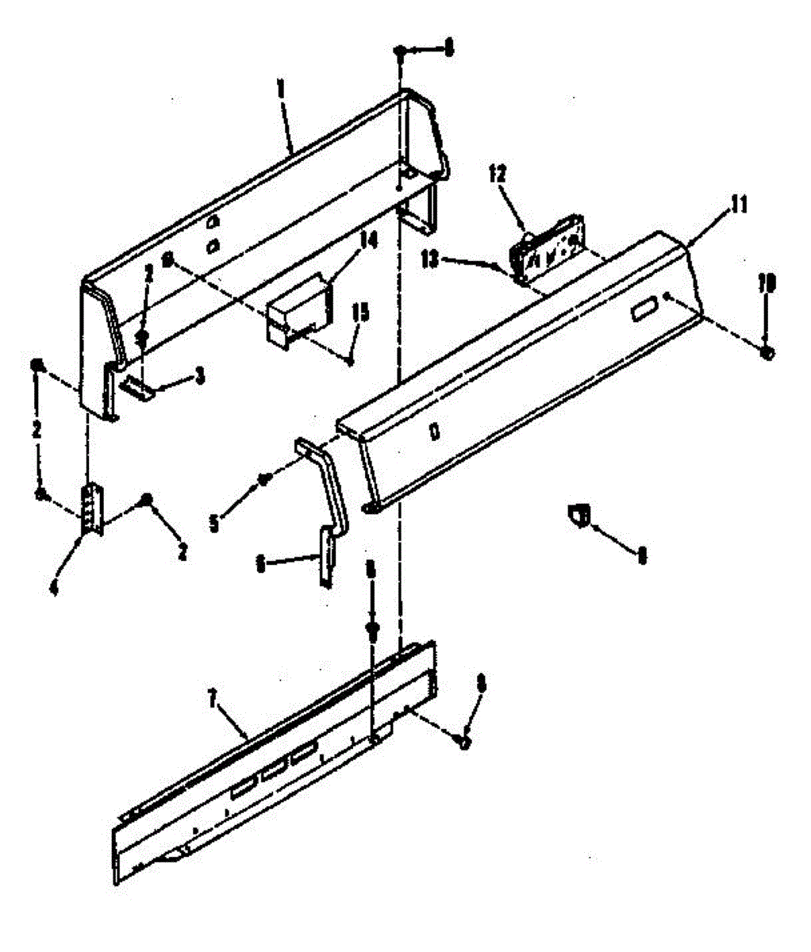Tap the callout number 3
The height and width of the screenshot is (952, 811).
click(199, 375)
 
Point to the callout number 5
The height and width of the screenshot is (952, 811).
click(214, 524)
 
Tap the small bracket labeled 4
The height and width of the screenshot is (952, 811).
click(91, 510)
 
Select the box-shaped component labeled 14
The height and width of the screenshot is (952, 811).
click(298, 312)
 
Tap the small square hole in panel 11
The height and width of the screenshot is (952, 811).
click(433, 432)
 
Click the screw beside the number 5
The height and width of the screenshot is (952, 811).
click(264, 478)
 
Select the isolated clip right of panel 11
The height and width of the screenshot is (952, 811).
click(577, 514)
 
